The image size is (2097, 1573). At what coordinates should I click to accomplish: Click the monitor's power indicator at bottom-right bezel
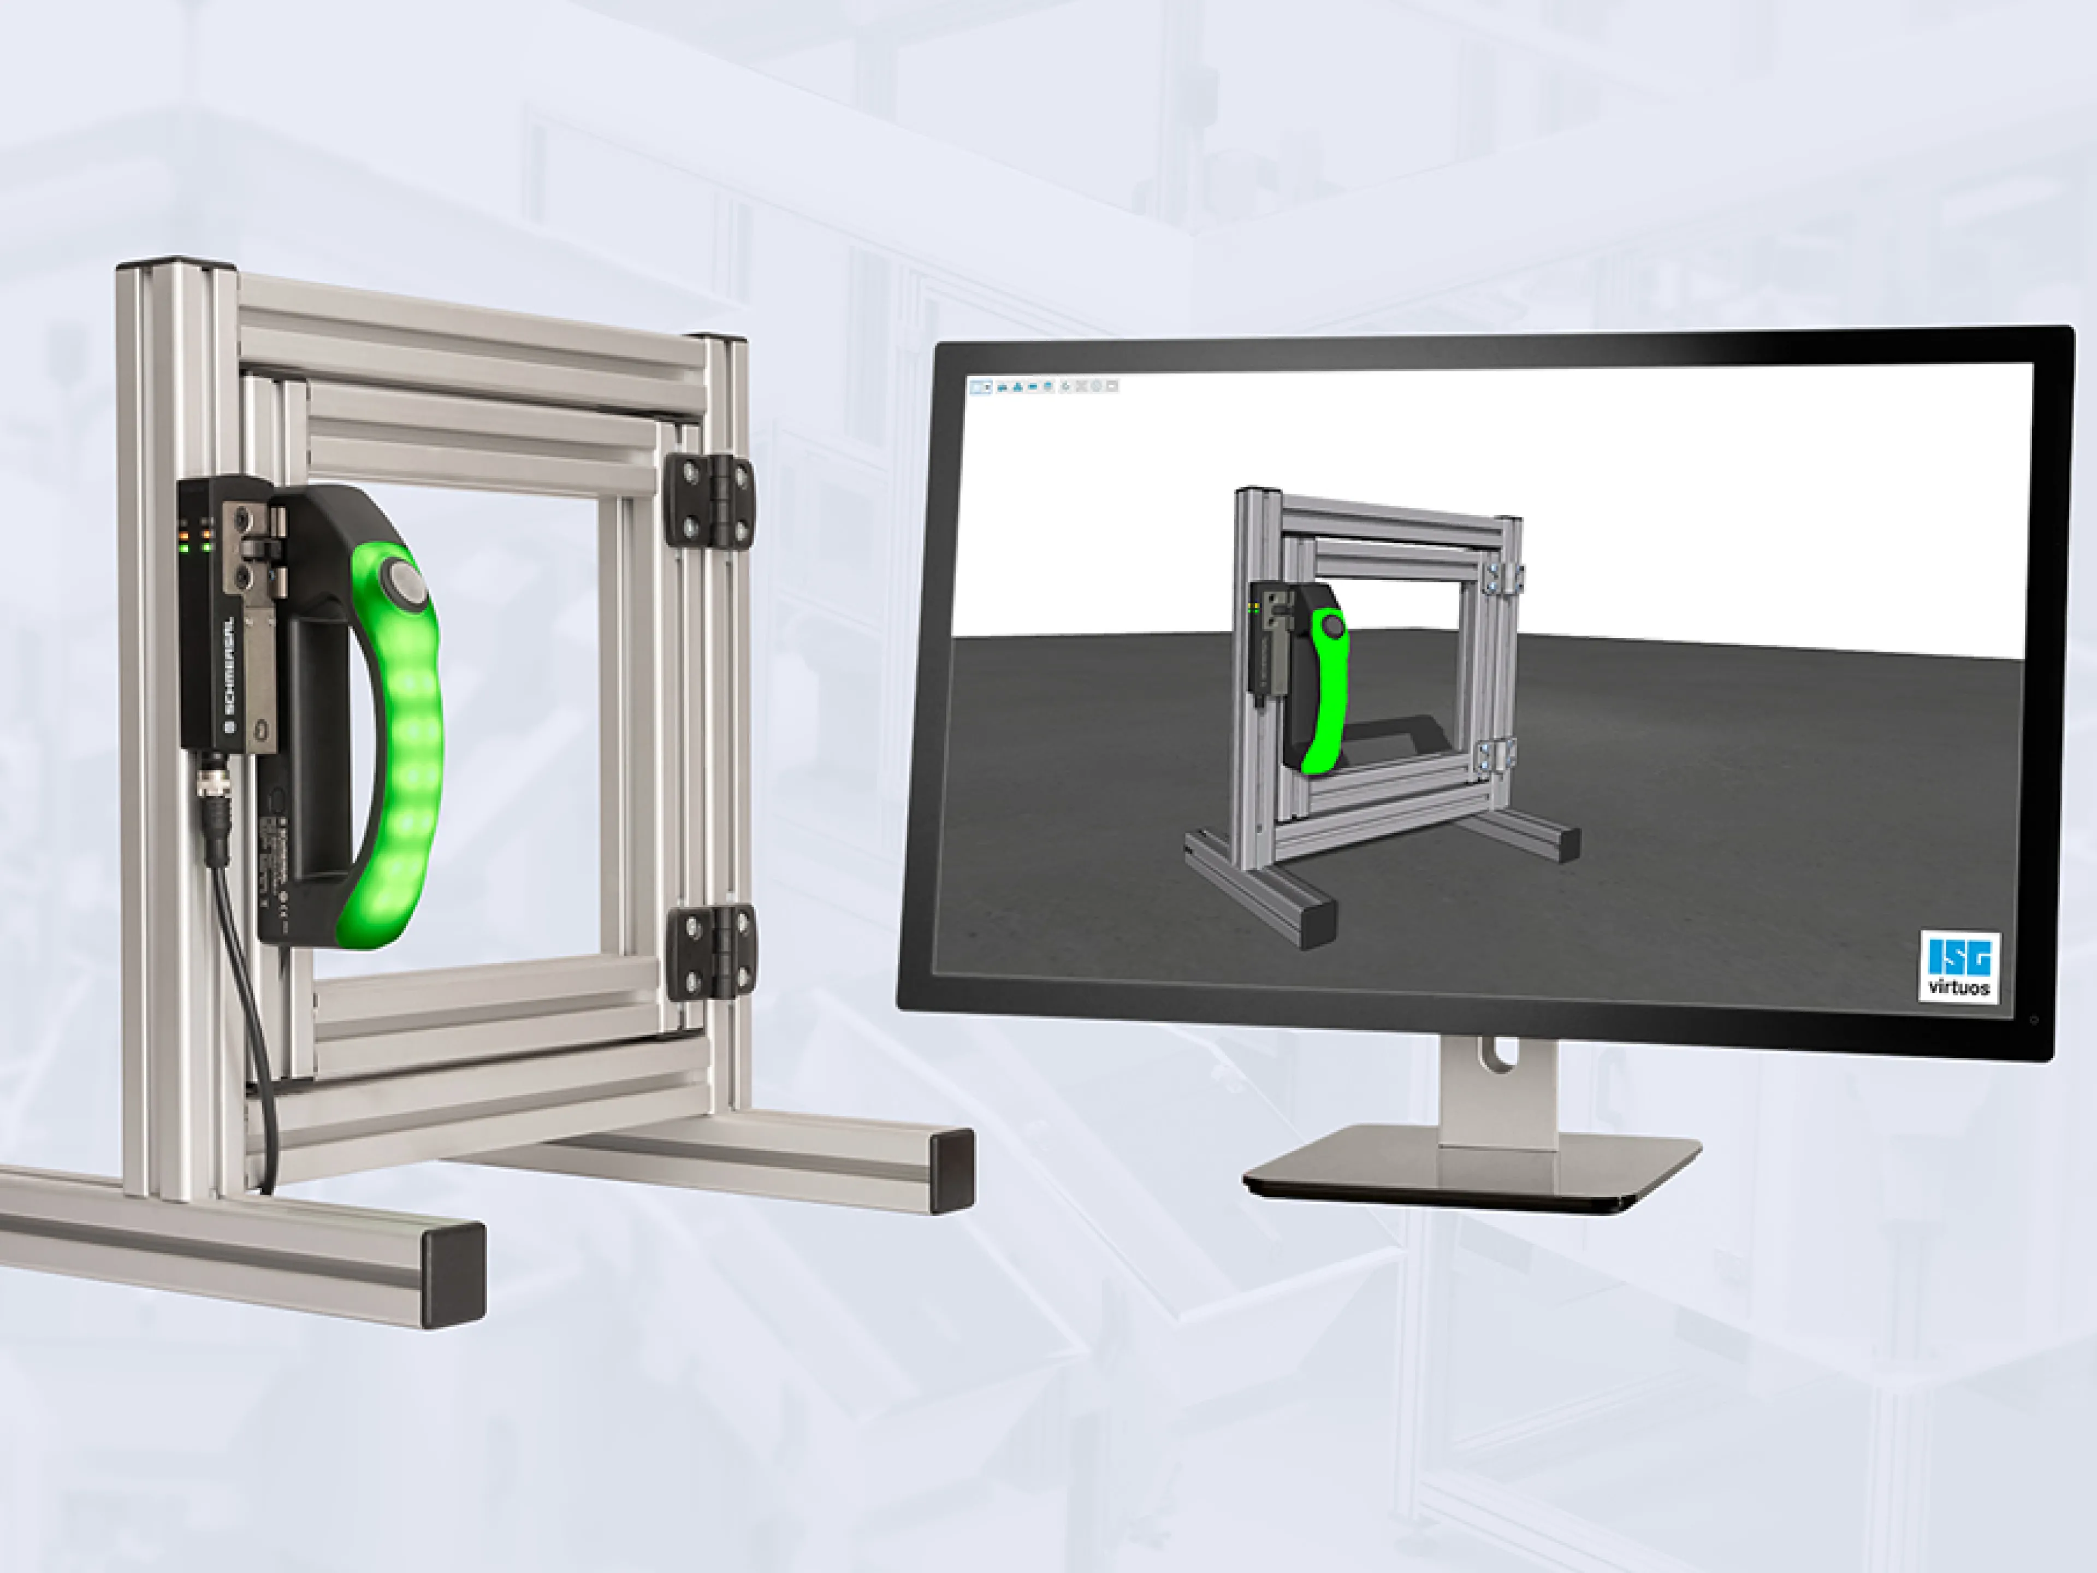point(2034,1019)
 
